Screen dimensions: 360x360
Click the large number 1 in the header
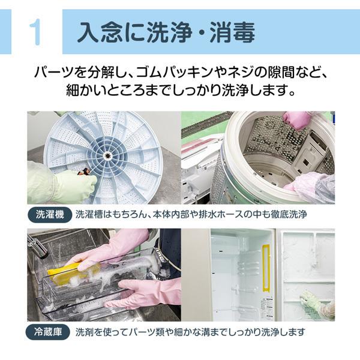tap(35, 32)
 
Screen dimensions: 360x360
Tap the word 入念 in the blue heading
tap(100, 32)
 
